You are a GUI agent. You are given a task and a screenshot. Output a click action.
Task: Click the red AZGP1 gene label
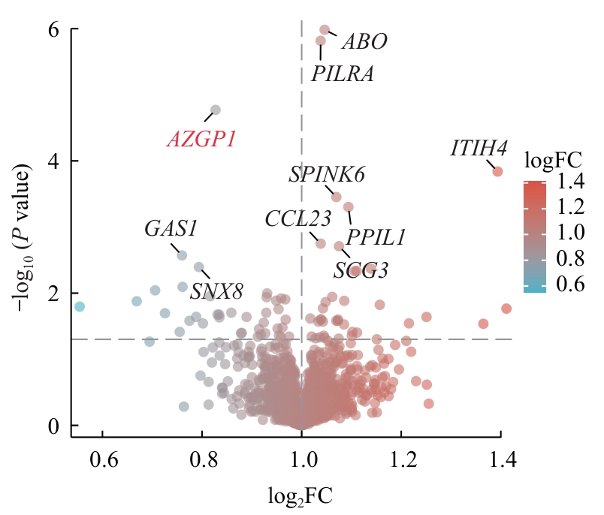coord(201,140)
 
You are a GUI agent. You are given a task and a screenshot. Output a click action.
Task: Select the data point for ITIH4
coord(497,171)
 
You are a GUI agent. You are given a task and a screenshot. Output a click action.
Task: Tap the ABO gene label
coord(364,42)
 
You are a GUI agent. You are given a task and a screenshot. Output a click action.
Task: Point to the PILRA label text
coord(343,74)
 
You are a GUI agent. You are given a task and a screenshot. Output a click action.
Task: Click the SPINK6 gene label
coord(327,175)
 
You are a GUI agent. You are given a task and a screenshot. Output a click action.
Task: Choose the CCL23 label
coord(297,219)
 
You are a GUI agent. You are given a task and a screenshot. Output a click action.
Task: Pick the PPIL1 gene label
coord(376,238)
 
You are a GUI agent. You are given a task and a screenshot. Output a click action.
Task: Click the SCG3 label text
coord(361,270)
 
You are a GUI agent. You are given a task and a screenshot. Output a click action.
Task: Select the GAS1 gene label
coord(171,229)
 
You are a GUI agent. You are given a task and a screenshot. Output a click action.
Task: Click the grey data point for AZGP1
coord(215,110)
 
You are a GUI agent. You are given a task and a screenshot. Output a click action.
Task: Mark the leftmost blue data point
coord(79,306)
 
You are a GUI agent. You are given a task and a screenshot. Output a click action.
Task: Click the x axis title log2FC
coord(300,495)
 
